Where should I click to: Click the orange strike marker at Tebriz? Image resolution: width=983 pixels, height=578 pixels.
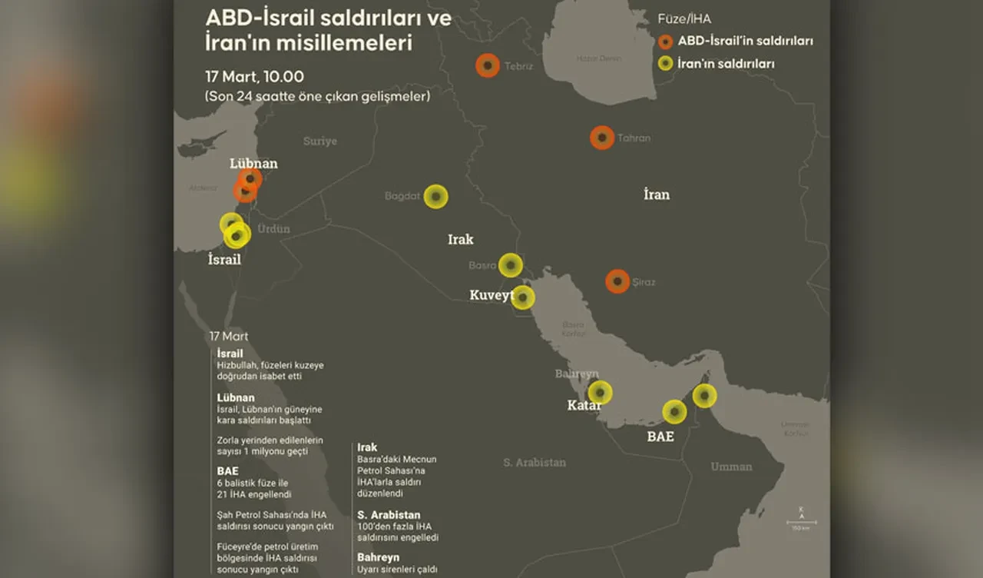tap(487, 66)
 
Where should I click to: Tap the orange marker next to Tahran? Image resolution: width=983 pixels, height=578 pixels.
tap(602, 138)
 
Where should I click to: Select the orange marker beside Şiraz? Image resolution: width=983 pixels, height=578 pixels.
tap(617, 281)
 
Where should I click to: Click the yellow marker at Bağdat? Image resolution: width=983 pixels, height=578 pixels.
tap(436, 196)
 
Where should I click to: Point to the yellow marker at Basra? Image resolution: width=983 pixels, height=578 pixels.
tap(511, 265)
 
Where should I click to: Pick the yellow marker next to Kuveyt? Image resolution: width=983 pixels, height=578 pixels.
tap(523, 297)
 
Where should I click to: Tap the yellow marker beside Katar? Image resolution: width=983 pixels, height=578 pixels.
tap(600, 393)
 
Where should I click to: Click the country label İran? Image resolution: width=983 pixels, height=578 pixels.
tap(657, 194)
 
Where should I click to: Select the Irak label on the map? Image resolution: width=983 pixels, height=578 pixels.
tap(461, 240)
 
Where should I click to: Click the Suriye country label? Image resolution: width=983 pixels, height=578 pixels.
tap(319, 141)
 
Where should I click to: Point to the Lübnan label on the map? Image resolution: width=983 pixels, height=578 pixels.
tap(253, 164)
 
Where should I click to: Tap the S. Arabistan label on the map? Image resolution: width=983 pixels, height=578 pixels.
tap(535, 462)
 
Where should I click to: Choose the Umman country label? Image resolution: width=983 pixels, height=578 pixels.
tap(731, 467)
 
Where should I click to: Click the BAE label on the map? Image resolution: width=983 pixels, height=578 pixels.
tap(660, 437)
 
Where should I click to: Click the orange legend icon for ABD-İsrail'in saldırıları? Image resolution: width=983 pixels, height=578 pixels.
tap(666, 42)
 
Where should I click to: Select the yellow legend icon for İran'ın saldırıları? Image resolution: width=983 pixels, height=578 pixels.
tap(666, 64)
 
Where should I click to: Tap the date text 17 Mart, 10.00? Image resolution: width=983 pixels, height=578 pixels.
tap(254, 77)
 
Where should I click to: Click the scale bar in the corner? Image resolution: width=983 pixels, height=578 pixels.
tap(801, 523)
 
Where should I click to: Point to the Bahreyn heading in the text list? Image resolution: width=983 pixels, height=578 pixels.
tap(378, 557)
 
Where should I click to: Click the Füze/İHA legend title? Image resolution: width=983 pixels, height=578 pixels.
tap(684, 19)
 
